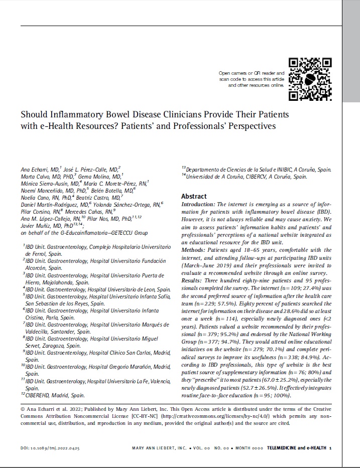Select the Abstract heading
[x=194, y=197]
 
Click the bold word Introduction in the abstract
[x=198, y=205]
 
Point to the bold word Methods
[x=193, y=250]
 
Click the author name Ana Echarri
[x=34, y=170]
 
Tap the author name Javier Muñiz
[x=35, y=226]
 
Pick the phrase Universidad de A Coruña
[x=216, y=177]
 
